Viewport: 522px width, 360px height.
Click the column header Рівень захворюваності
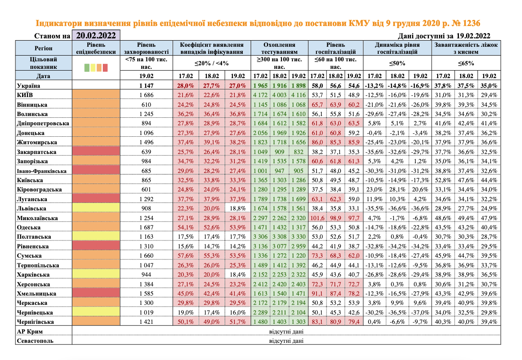click(146, 48)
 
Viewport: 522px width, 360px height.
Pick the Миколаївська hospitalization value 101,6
click(317, 217)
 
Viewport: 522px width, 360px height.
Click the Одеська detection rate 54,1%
click(186, 227)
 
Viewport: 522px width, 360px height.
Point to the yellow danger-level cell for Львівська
click(96, 208)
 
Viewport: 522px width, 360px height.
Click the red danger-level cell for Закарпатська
click(96, 151)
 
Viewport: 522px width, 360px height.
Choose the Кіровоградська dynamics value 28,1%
click(397, 189)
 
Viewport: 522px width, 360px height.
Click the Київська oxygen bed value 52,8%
click(443, 180)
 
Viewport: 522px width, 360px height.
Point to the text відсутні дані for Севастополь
click(286, 341)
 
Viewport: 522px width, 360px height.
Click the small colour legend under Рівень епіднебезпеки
click(96, 67)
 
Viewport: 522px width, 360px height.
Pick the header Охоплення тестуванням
click(279, 48)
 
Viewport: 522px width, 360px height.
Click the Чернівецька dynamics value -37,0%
click(419, 312)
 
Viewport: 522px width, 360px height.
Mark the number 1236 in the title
click(468, 23)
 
